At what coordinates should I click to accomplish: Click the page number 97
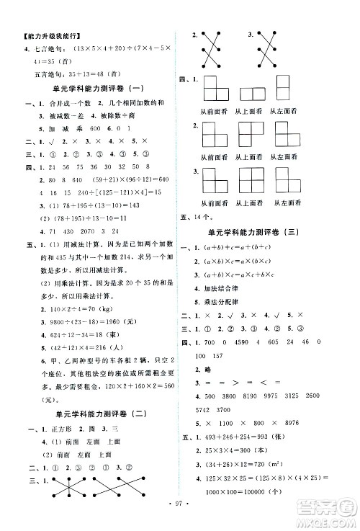pos(179,517)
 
